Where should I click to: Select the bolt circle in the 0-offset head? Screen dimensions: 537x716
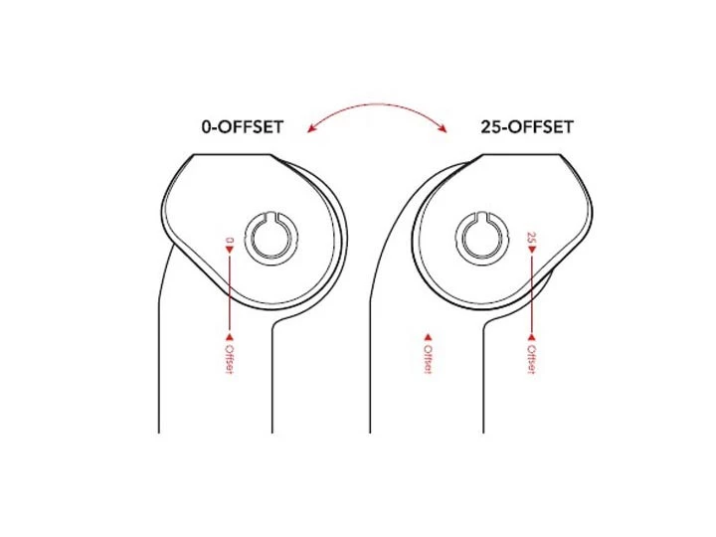(270, 237)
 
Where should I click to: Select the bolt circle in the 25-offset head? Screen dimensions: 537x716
(481, 237)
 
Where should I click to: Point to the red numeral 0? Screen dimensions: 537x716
(230, 239)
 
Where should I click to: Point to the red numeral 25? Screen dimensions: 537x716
(532, 239)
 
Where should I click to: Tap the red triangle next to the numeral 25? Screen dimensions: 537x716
(532, 252)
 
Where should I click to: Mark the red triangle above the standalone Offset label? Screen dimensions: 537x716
(429, 336)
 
